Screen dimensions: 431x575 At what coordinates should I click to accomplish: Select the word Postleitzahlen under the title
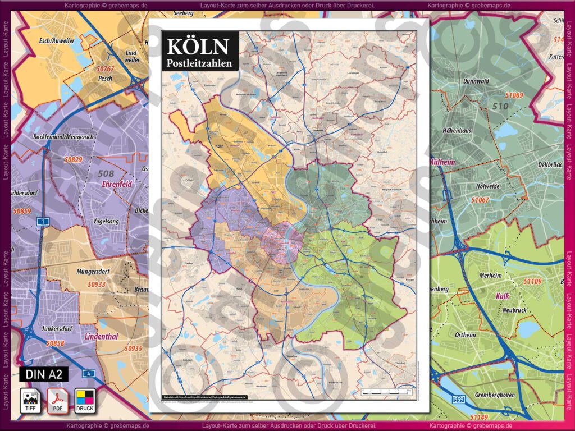click(199, 63)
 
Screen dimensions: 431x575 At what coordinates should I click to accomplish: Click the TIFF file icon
click(31, 400)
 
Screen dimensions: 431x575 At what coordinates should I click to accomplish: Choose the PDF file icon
click(58, 400)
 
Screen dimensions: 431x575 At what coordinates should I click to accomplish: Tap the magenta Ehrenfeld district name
click(116, 184)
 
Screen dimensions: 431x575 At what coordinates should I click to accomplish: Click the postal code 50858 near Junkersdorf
click(56, 342)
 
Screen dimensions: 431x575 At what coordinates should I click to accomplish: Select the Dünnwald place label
click(476, 81)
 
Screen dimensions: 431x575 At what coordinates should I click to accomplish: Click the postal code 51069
click(513, 95)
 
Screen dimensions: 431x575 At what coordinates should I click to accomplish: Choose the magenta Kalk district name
click(503, 296)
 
